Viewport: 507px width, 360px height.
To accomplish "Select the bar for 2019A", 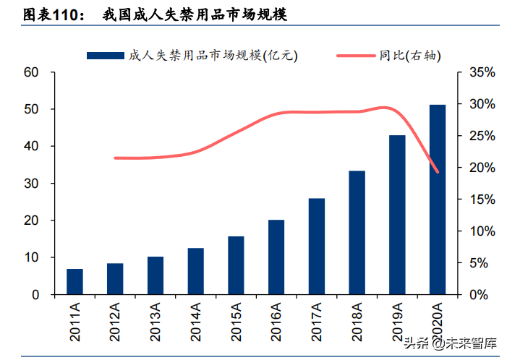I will click(x=397, y=215).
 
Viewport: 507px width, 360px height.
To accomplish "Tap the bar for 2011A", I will click(x=74, y=281).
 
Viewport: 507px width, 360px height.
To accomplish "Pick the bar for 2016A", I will click(x=276, y=257).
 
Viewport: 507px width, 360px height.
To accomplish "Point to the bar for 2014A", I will click(x=195, y=271).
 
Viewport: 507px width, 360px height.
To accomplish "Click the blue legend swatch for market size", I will click(x=106, y=55).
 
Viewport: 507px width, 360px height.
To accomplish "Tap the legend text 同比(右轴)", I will click(x=410, y=55).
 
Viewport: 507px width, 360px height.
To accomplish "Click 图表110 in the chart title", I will click(x=51, y=14).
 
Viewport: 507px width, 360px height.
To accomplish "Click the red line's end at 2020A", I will click(x=438, y=172).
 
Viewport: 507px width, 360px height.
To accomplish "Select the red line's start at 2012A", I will click(x=115, y=158).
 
